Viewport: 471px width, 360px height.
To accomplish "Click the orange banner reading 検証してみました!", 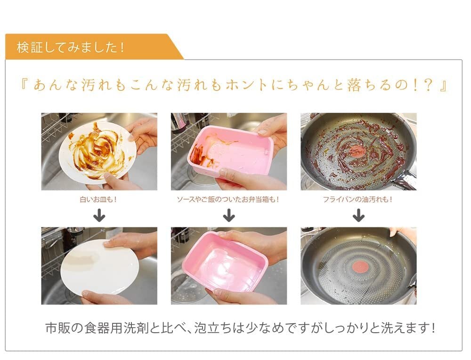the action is tap(90, 47).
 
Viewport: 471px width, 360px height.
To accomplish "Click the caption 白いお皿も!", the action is tap(98, 200).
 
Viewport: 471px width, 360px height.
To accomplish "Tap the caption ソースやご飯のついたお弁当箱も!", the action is tap(228, 200).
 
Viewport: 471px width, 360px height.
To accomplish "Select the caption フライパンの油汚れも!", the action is tap(358, 200).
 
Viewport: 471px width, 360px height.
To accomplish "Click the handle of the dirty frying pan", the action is tap(405, 179).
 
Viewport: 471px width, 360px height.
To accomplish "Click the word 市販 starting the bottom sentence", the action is tap(58, 328).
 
